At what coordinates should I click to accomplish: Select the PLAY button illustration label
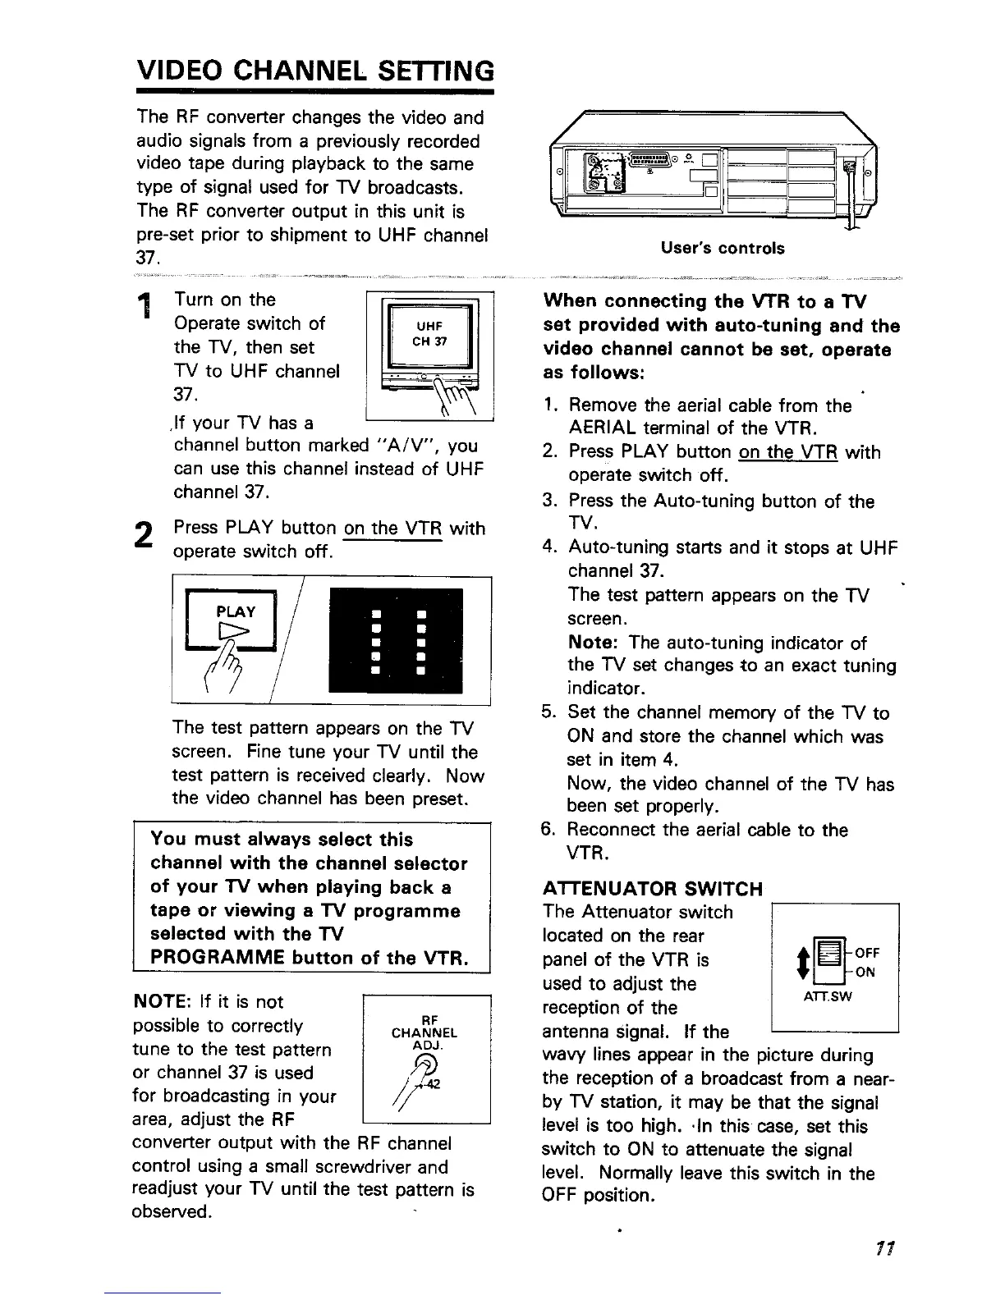pyautogui.click(x=235, y=611)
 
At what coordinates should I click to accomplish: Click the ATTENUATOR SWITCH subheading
pyautogui.click(x=653, y=888)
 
